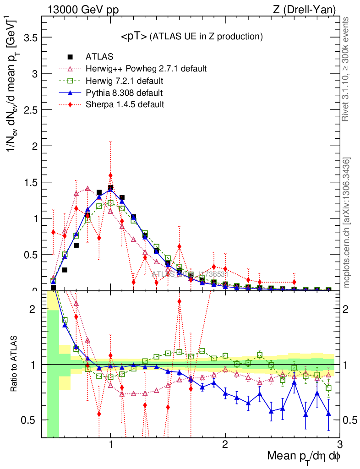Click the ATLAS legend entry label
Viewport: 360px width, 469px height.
(99, 57)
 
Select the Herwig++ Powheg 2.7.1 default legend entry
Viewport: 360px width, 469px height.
(146, 69)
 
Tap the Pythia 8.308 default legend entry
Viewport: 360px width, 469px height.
(124, 93)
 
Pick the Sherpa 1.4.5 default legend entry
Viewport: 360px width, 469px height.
(125, 104)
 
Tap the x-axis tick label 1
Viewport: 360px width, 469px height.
(110, 445)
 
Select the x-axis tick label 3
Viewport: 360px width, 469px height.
(339, 445)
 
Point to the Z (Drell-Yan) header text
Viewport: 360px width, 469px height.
(310, 9)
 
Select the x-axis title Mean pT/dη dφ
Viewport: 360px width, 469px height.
(304, 457)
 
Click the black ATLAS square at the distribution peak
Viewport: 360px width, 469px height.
(110, 188)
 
